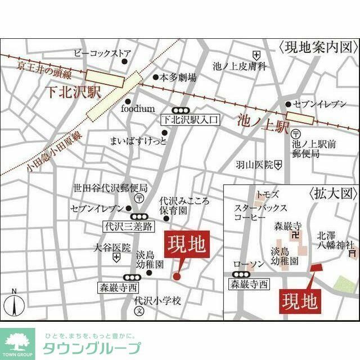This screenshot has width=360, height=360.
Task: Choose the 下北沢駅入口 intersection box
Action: [x=189, y=120]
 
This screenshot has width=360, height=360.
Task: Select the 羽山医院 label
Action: [x=254, y=165]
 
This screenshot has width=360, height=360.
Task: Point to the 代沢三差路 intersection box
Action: [x=129, y=227]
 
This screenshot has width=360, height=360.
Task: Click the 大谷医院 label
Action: [x=112, y=247]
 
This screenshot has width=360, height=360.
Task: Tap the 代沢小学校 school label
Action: [x=157, y=300]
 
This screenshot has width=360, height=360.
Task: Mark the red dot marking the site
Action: [x=176, y=276]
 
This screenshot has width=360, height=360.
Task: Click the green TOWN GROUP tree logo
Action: [x=17, y=344]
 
